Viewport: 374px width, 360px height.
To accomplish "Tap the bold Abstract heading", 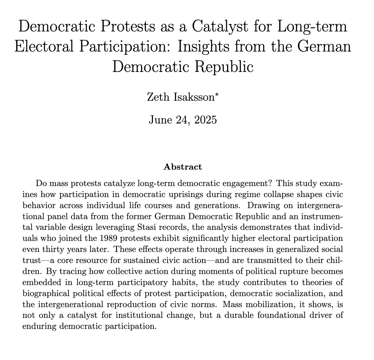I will pos(183,167).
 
